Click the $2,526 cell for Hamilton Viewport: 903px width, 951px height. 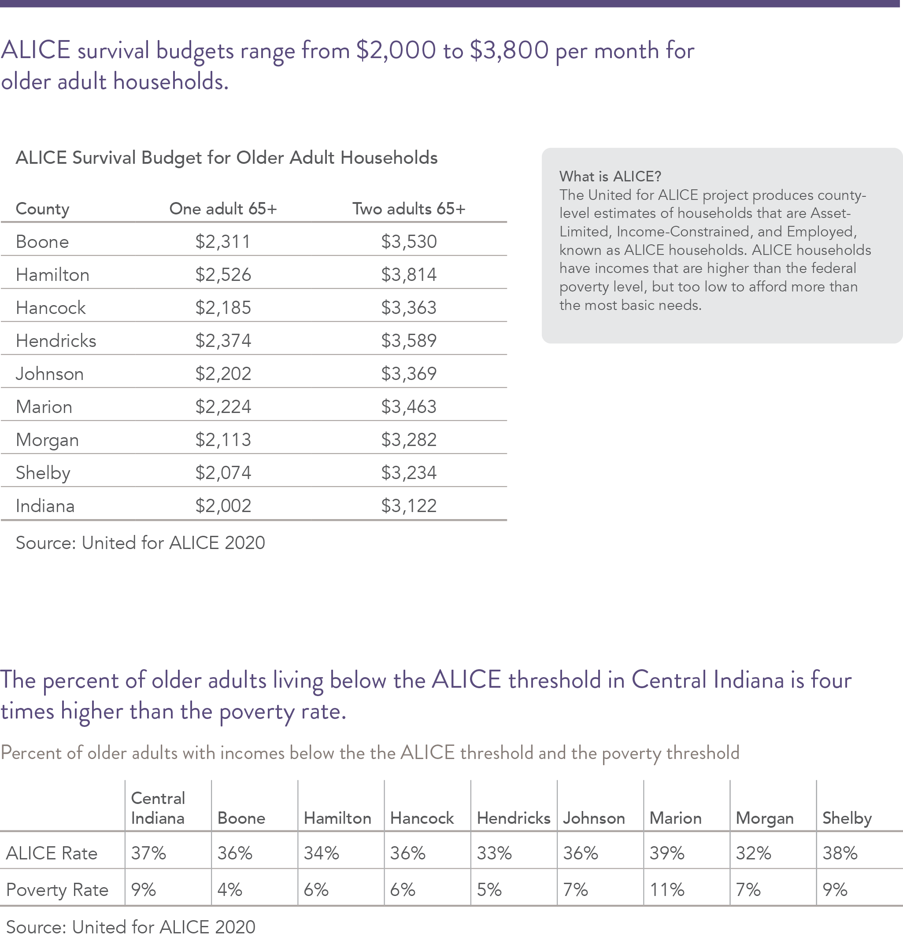click(x=223, y=275)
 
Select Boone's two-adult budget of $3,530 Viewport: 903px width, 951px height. click(x=409, y=241)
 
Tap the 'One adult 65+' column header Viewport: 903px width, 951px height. click(x=223, y=209)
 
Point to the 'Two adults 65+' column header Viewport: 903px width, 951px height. click(x=409, y=209)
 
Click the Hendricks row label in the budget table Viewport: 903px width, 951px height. click(x=56, y=341)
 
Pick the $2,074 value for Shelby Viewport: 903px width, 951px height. click(x=223, y=473)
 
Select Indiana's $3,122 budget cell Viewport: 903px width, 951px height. click(x=409, y=506)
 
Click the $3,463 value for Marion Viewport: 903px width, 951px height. click(x=409, y=407)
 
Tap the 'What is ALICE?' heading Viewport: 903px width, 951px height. click(x=611, y=177)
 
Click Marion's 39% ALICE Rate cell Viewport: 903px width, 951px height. click(x=666, y=853)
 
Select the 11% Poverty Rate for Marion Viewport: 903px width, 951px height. click(x=666, y=890)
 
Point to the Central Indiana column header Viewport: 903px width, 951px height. click(x=158, y=808)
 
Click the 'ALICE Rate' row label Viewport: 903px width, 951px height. click(x=52, y=853)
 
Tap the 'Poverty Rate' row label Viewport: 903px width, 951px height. click(x=57, y=890)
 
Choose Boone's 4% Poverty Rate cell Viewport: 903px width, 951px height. click(x=229, y=890)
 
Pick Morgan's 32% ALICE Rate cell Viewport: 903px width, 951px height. click(x=753, y=853)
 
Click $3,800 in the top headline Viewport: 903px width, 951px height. click(x=509, y=51)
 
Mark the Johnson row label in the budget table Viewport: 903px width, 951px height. click(x=50, y=374)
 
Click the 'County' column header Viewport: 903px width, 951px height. click(x=42, y=209)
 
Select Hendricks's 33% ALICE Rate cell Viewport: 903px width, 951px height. click(x=494, y=853)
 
